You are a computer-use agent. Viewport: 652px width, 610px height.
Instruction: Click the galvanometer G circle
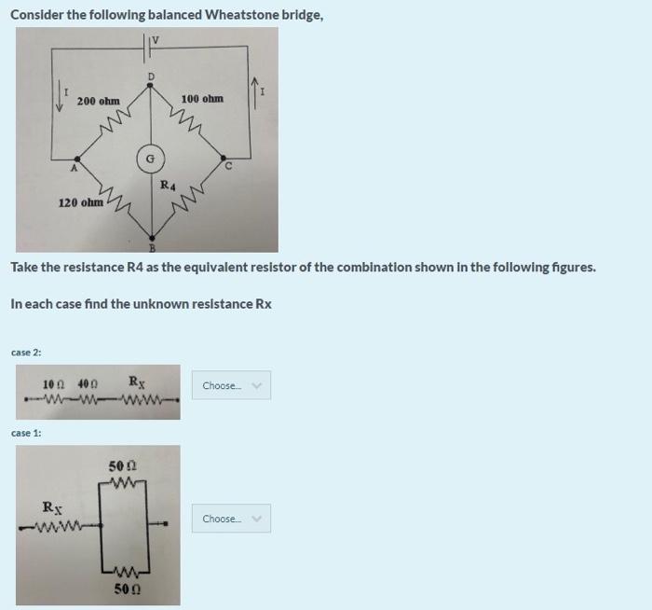point(149,159)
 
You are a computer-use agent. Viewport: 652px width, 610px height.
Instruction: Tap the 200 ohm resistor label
point(98,101)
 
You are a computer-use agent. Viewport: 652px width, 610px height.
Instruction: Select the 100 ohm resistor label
point(202,99)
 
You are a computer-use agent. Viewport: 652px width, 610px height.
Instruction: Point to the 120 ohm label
point(81,201)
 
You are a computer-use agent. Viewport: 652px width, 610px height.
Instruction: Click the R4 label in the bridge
point(168,185)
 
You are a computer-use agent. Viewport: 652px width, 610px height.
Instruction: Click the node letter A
point(74,169)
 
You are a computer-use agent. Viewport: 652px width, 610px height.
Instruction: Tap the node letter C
point(227,167)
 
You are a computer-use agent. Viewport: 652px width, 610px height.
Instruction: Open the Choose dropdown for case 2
point(231,386)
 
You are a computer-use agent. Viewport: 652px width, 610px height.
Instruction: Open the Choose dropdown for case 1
point(231,519)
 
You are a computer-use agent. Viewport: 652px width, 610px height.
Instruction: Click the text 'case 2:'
point(26,352)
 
